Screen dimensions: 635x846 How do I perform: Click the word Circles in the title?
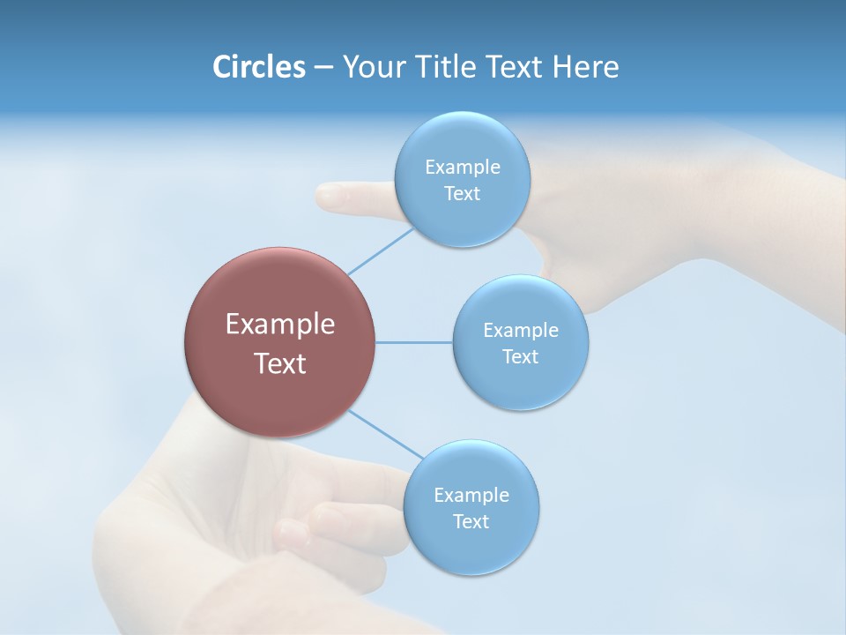[x=259, y=67]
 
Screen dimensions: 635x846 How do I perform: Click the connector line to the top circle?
[x=381, y=250]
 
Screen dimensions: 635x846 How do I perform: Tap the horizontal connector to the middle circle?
[x=414, y=342]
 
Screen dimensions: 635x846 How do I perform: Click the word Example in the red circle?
[x=280, y=325]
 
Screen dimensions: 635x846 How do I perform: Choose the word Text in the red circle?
[x=280, y=363]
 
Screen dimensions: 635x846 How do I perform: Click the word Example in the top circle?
[x=462, y=167]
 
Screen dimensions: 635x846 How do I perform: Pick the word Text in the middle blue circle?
[x=520, y=356]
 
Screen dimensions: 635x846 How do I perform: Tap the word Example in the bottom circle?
[x=471, y=495]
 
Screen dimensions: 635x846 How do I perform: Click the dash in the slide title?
[x=323, y=67]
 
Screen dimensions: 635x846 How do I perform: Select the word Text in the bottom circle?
[x=471, y=521]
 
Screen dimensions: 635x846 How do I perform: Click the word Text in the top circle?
[x=462, y=193]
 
